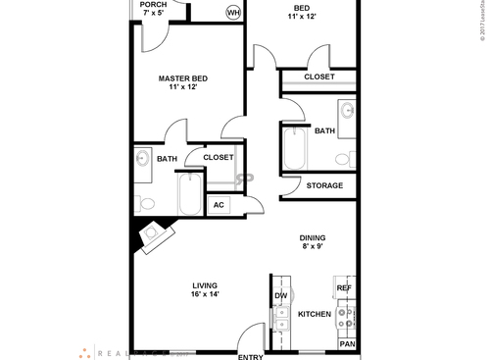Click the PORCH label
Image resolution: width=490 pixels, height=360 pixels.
pyautogui.click(x=153, y=5)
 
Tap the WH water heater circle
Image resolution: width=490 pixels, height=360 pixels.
pyautogui.click(x=233, y=12)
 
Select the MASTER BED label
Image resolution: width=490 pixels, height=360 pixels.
pyautogui.click(x=183, y=79)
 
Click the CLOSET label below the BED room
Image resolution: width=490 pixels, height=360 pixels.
pyautogui.click(x=319, y=77)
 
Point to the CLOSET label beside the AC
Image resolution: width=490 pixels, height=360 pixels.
pyautogui.click(x=218, y=157)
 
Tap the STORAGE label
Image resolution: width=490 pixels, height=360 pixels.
pyautogui.click(x=324, y=185)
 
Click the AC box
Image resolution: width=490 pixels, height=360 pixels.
pyautogui.click(x=219, y=205)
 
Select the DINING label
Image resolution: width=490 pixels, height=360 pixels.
pyautogui.click(x=313, y=237)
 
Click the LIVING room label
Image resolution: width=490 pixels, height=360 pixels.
pyautogui.click(x=205, y=284)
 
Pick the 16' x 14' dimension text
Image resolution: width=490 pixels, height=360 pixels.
pyautogui.click(x=205, y=294)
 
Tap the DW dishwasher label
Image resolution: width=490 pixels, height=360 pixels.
pyautogui.click(x=280, y=295)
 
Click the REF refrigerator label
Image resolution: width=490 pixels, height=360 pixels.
pyautogui.click(x=344, y=288)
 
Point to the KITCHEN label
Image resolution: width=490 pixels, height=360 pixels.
pyautogui.click(x=315, y=314)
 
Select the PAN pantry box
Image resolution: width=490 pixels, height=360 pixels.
pyautogui.click(x=346, y=344)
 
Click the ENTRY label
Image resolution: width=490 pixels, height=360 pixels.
pyautogui.click(x=250, y=356)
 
